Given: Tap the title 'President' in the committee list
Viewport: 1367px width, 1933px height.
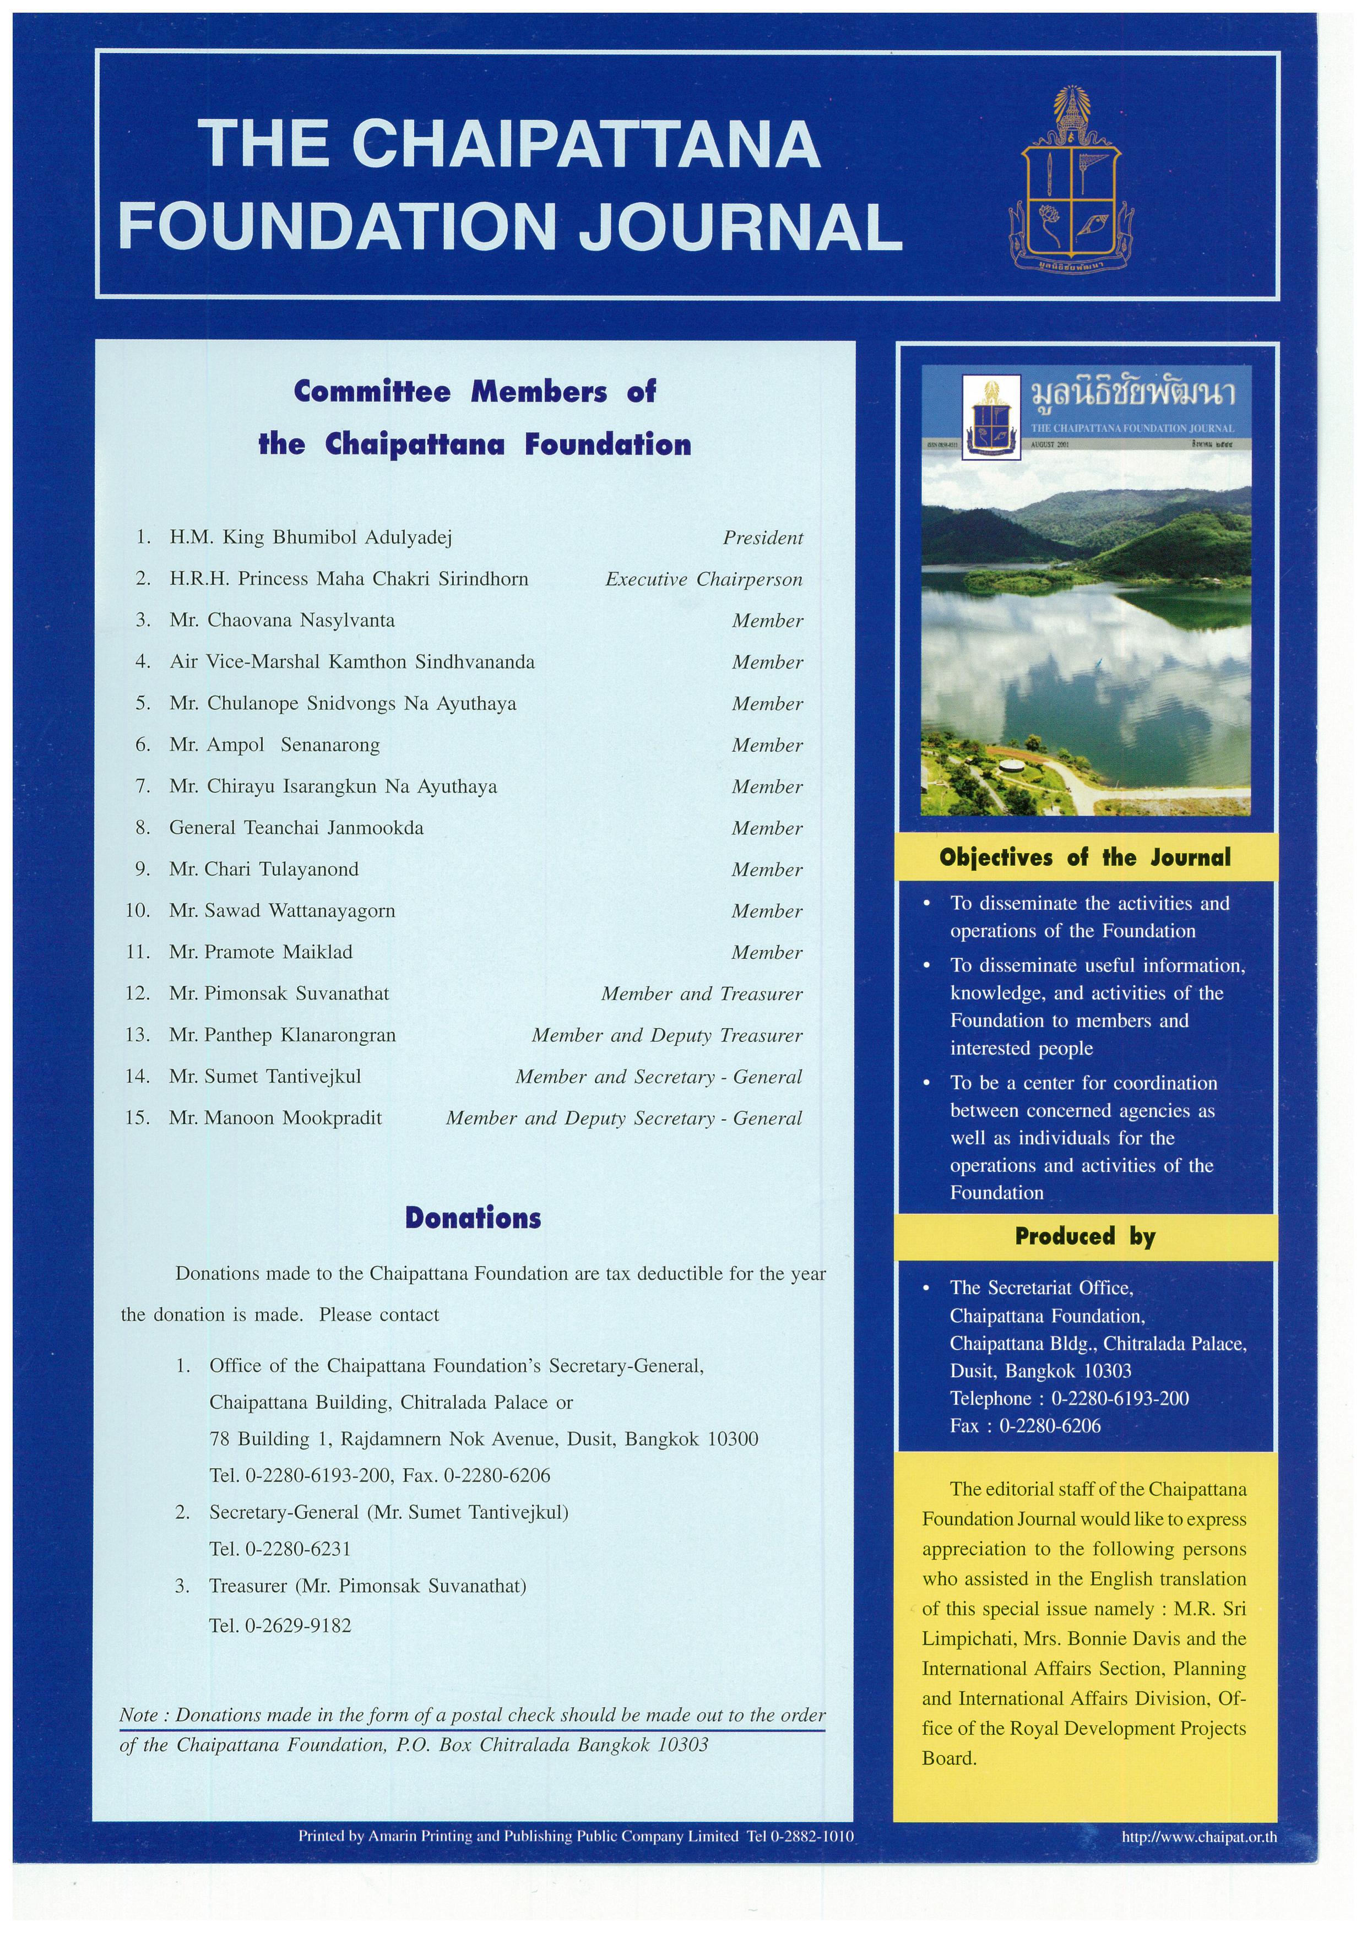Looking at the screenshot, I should click(763, 538).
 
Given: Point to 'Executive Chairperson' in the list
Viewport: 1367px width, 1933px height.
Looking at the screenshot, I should click(704, 579).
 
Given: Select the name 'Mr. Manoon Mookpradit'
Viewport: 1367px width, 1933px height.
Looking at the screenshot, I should click(275, 1118).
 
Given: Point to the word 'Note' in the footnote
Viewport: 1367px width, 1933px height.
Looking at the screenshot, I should click(139, 1715).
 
